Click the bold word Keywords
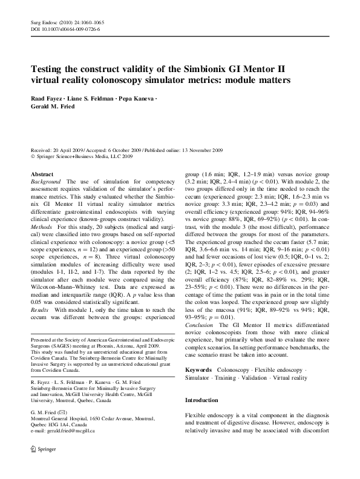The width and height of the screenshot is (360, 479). coord(198,369)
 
